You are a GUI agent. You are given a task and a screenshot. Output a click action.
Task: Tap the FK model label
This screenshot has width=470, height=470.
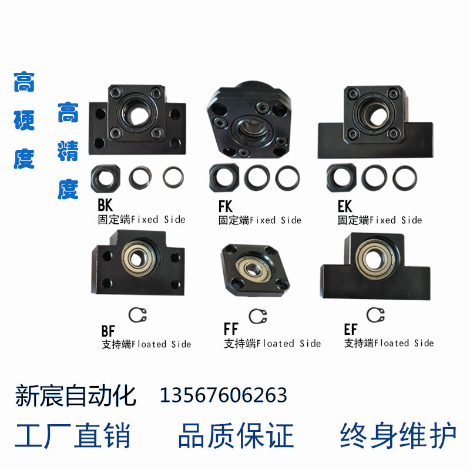pyautogui.click(x=226, y=207)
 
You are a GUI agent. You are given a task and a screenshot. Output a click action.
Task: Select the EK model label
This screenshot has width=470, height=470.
pyautogui.click(x=345, y=207)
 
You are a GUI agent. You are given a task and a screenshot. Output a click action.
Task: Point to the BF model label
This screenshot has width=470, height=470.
pyautogui.click(x=108, y=330)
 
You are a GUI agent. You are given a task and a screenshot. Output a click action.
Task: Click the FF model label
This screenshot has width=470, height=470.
pyautogui.click(x=230, y=329)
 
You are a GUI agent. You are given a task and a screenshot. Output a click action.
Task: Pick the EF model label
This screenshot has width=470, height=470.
pyautogui.click(x=350, y=329)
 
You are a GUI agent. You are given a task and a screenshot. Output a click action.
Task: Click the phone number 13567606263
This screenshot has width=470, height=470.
pyautogui.click(x=223, y=395)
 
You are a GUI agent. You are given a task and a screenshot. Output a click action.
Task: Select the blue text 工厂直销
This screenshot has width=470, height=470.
pyautogui.click(x=73, y=436)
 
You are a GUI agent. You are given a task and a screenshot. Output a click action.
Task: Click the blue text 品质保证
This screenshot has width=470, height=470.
pyautogui.click(x=236, y=436)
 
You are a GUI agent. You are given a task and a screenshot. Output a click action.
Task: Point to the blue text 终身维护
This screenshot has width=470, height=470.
pyautogui.click(x=398, y=436)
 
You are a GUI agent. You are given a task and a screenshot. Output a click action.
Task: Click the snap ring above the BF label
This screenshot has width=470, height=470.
pyautogui.click(x=137, y=315)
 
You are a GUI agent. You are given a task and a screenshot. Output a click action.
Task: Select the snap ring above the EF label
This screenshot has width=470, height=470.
pyautogui.click(x=374, y=315)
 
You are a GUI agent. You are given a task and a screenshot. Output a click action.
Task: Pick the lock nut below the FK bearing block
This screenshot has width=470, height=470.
pyautogui.click(x=223, y=177)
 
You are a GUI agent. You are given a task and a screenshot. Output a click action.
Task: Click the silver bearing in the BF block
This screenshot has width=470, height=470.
pyautogui.click(x=140, y=257)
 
